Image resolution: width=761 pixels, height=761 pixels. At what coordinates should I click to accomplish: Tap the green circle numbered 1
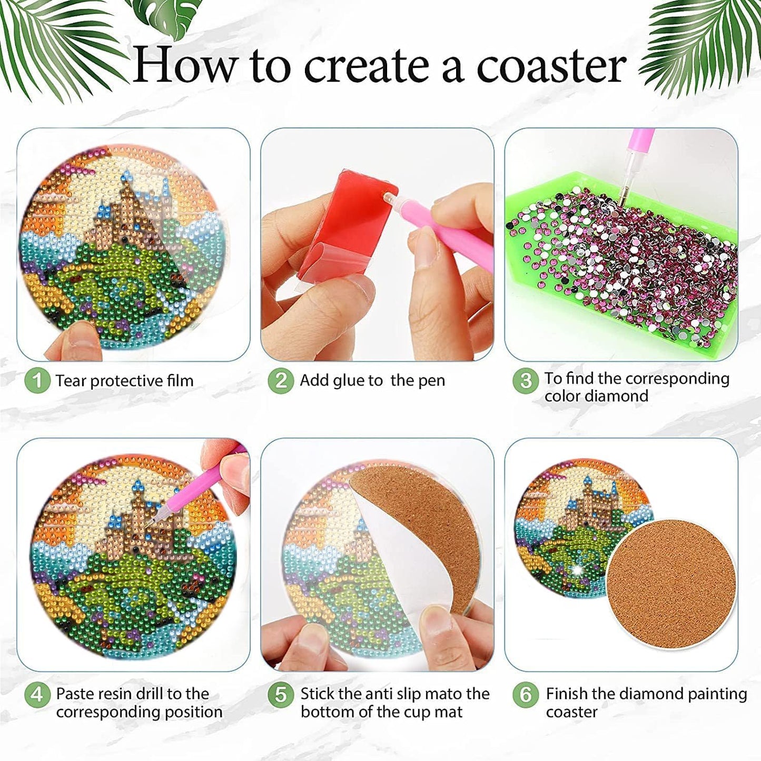(37, 380)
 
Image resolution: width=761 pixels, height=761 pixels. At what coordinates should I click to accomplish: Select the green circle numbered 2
(281, 380)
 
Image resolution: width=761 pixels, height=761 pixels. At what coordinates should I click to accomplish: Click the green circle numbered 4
(37, 695)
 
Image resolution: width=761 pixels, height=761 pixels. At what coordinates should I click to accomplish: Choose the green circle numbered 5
(281, 695)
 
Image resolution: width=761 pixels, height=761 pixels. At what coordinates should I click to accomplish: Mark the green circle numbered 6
(526, 695)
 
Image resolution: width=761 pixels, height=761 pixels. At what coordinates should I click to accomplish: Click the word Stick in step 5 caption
(318, 694)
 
